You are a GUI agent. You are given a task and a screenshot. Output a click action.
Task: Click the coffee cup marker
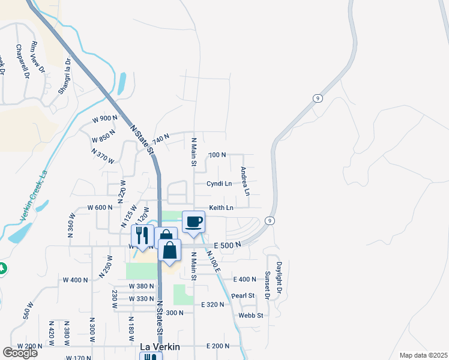193,222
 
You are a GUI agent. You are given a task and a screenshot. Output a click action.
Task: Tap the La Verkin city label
160,346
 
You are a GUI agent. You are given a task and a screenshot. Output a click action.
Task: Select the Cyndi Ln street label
219,184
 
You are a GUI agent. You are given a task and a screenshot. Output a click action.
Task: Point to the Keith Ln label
221,208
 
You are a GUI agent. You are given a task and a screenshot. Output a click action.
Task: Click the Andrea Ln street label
245,181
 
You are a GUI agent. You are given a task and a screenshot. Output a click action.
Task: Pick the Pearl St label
243,296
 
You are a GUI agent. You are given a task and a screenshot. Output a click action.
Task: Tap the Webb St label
251,315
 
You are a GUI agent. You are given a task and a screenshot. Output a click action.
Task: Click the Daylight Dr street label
279,278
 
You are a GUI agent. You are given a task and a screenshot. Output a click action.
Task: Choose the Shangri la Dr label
65,76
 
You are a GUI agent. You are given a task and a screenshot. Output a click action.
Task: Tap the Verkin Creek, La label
33,196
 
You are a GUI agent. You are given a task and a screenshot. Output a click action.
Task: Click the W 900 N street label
104,119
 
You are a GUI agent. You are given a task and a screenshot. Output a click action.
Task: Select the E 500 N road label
229,245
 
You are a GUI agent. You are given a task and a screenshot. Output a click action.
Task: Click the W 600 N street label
100,208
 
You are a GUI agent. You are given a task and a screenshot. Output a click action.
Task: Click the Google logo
20,353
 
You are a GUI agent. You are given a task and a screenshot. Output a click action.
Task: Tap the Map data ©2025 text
423,355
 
